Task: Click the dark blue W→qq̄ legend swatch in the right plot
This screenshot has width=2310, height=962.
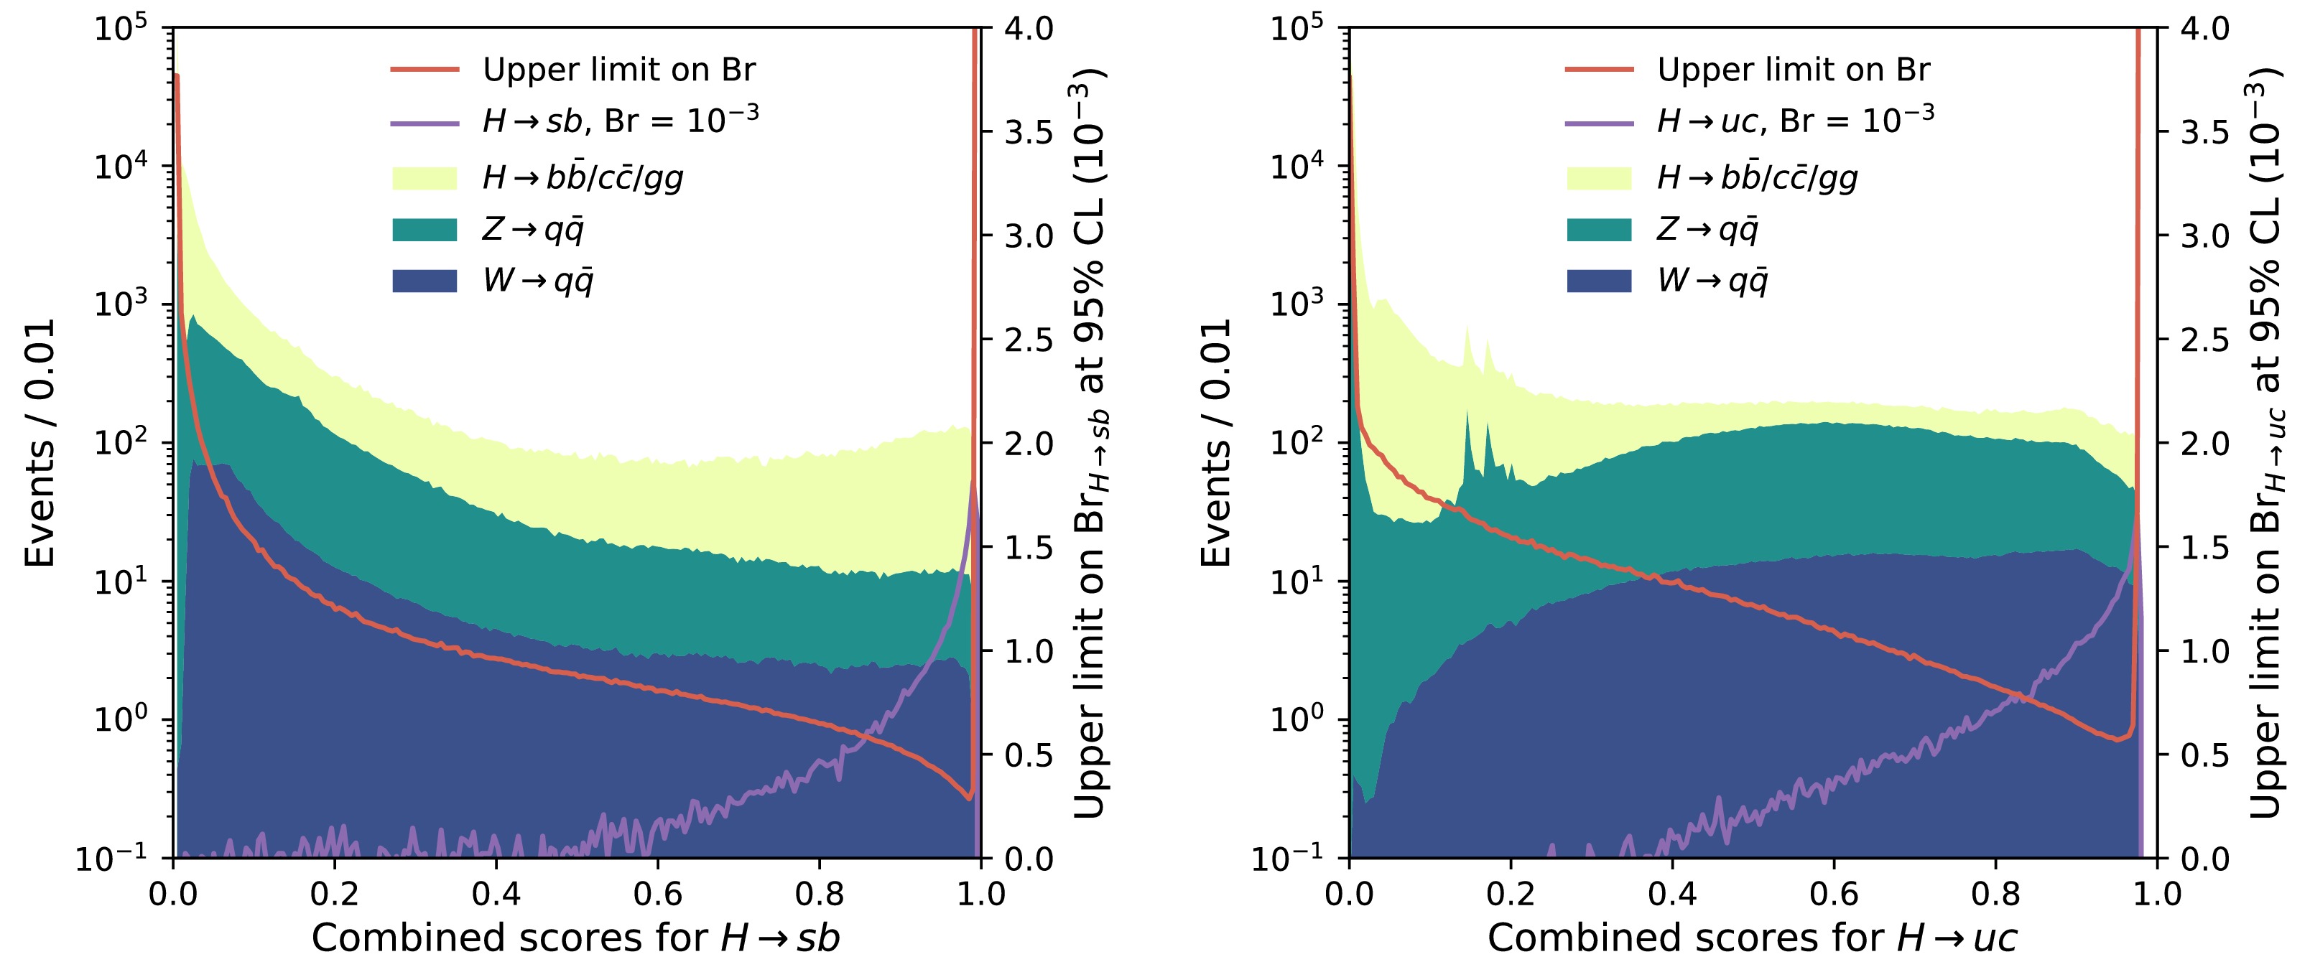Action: click(1599, 281)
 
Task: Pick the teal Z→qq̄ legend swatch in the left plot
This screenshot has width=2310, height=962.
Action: click(425, 230)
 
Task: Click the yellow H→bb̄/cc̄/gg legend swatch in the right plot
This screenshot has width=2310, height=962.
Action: click(1599, 177)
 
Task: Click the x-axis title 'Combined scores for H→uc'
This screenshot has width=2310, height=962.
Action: click(1751, 938)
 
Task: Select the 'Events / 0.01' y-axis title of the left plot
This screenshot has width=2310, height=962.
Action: click(40, 443)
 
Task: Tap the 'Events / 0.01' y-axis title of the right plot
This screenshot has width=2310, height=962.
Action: click(1216, 443)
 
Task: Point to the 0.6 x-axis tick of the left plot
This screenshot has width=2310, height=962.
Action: click(657, 893)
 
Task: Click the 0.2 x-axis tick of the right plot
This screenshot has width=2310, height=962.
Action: click(1510, 893)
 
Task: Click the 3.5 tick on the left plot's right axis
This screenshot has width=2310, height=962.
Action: click(1028, 133)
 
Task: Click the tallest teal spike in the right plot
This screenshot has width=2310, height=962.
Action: click(1467, 414)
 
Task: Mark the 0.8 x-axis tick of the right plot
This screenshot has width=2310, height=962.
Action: click(1995, 893)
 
